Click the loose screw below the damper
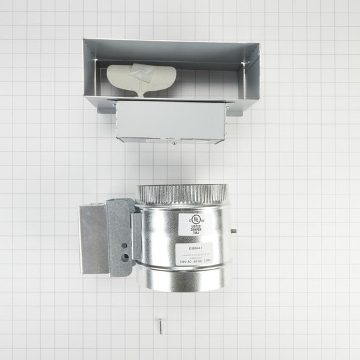tap(160, 326)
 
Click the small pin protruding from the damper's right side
tap(233, 231)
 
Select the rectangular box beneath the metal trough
tap(171, 121)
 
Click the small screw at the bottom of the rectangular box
tap(174, 143)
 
